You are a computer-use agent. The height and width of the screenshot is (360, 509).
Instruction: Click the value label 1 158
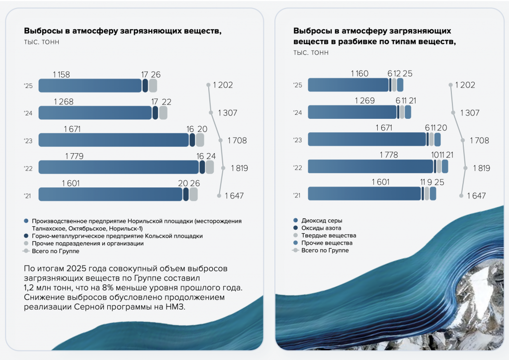[61, 75]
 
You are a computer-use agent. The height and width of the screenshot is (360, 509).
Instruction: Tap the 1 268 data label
[64, 102]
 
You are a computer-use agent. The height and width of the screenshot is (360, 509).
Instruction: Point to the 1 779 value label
[75, 157]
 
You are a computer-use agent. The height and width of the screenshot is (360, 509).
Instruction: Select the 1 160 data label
[360, 74]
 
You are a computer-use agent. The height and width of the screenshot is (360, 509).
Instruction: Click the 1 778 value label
[389, 155]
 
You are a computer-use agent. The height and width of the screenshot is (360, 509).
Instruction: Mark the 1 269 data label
[365, 100]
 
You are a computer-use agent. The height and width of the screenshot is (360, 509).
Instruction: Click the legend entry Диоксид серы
[322, 221]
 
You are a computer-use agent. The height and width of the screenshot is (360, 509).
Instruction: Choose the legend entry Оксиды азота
[321, 228]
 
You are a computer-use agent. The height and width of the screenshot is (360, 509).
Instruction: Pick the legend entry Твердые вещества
[329, 235]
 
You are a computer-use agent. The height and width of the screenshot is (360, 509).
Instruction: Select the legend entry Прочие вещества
[327, 243]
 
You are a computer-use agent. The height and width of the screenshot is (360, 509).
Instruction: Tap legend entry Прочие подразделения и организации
[87, 244]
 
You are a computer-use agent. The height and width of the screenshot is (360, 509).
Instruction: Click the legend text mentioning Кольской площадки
[117, 236]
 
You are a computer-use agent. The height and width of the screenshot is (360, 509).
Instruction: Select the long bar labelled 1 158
[90, 86]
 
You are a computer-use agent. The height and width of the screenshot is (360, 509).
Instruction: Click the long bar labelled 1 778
[370, 166]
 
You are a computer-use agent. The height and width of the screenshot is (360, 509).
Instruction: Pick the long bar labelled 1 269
[352, 112]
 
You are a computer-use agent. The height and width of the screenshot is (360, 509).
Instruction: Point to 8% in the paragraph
[107, 288]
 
